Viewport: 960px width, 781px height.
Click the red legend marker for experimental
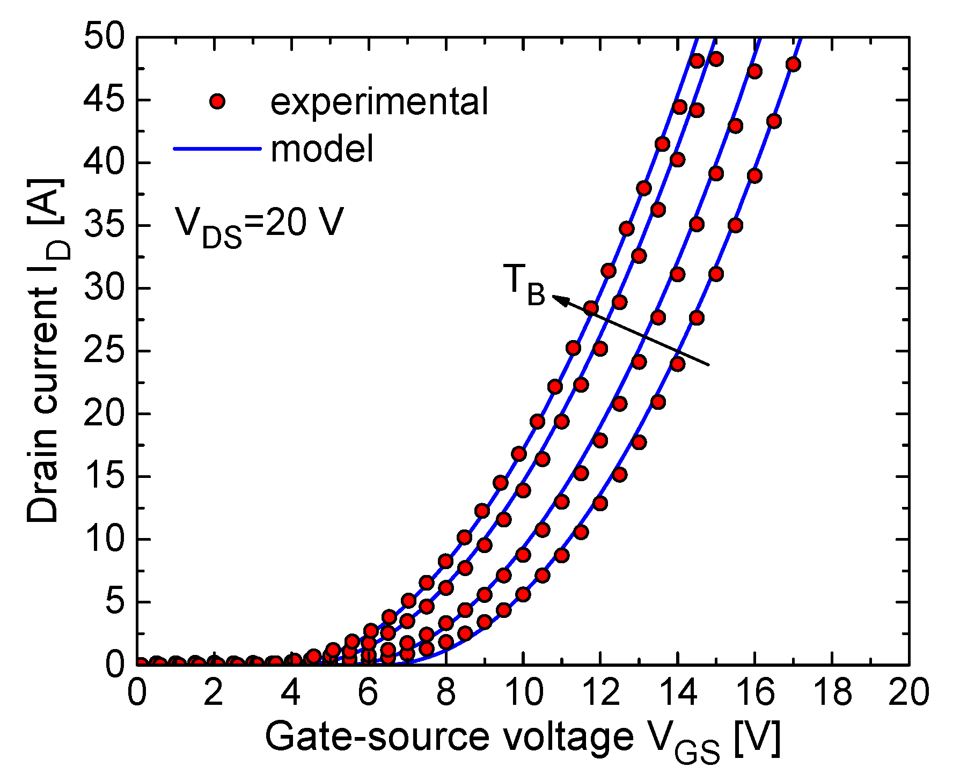pos(217,101)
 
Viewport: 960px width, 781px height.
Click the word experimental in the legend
pos(379,101)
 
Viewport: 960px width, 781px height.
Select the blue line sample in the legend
pos(217,148)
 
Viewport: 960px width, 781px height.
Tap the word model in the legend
pos(322,149)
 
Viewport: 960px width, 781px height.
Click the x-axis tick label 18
pos(832,693)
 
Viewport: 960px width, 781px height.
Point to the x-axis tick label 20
pos(908,693)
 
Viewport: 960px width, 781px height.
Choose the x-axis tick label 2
pos(214,693)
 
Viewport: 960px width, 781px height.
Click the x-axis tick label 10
pos(523,693)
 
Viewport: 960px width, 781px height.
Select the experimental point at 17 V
pos(793,64)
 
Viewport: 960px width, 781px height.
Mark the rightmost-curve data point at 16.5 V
pos(774,121)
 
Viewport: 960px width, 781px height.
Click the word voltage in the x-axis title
pos(569,738)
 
